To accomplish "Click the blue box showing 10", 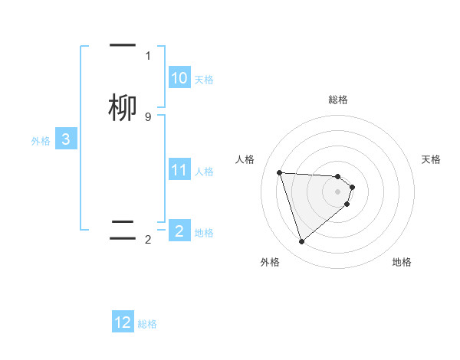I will [179, 78].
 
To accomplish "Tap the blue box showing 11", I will [179, 170].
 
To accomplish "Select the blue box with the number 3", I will [66, 139].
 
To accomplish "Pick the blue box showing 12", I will [123, 322].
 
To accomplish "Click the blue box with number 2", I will [179, 230].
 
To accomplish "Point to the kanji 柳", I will [123, 108].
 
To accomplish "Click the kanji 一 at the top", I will [123, 46].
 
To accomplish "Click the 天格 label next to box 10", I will [204, 79].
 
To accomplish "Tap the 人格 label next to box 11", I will [205, 171].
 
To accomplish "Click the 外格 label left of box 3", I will [41, 141].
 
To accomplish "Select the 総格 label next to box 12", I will [147, 324].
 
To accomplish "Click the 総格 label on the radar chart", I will [338, 100].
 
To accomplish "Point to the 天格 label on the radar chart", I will [431, 159].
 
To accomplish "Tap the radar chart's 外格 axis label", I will [270, 262].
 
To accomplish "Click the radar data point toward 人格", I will [280, 172].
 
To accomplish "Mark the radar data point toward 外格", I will [302, 242].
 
